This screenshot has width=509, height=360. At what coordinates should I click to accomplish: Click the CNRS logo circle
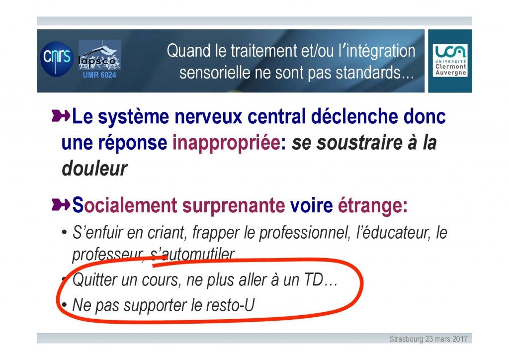(x=57, y=59)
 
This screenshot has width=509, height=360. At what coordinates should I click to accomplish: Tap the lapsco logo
(x=99, y=55)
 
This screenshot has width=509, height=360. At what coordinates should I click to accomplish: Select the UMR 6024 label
(x=99, y=75)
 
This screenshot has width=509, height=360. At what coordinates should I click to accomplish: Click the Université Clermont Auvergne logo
(x=450, y=61)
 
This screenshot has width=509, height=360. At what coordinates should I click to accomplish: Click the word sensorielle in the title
(x=215, y=73)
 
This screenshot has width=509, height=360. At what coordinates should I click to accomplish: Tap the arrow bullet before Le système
(x=61, y=116)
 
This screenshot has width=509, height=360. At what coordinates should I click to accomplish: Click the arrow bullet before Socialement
(x=61, y=205)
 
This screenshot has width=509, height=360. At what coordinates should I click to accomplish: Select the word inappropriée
(x=226, y=143)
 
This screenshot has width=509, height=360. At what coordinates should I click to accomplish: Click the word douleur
(x=94, y=169)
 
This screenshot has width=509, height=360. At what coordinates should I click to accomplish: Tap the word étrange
(x=370, y=206)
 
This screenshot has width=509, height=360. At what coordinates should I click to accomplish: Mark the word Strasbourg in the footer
(x=406, y=339)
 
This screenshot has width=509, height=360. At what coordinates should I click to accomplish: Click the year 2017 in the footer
(x=460, y=339)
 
